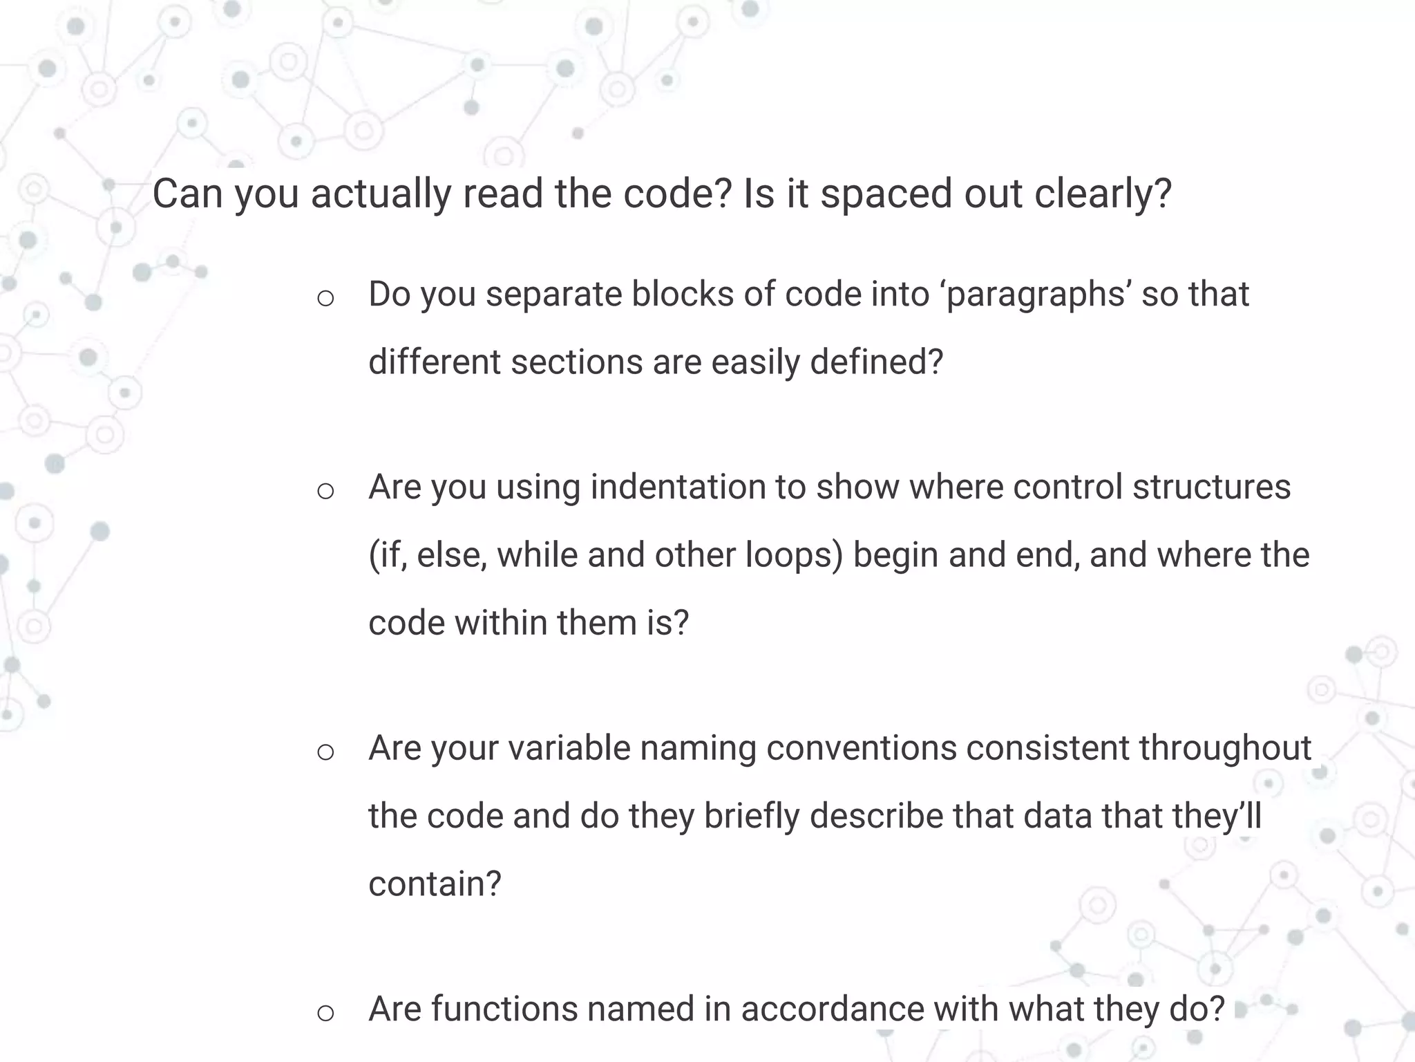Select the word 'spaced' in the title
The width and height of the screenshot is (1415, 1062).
point(886,194)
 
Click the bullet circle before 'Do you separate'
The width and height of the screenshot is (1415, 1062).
point(325,299)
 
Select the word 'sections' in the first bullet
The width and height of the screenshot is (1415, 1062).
point(577,362)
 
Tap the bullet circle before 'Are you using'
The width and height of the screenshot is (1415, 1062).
point(325,492)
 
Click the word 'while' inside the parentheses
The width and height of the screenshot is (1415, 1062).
point(537,555)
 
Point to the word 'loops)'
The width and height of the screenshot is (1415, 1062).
point(794,555)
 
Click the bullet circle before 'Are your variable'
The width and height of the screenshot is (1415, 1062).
point(325,752)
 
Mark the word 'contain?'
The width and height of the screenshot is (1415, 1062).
point(435,884)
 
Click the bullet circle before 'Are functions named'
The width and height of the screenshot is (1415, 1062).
point(325,1014)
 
